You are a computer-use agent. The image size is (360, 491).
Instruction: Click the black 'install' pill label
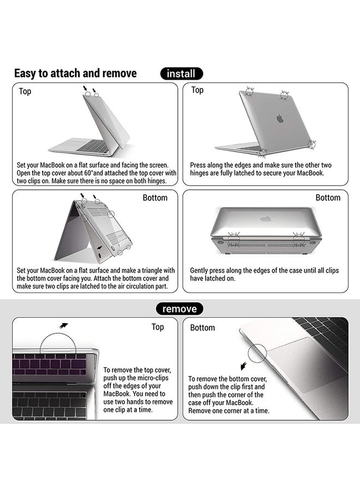tap(181, 74)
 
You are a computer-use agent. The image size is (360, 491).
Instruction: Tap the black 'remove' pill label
tap(179, 309)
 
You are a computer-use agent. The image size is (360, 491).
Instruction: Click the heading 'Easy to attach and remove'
tap(75, 74)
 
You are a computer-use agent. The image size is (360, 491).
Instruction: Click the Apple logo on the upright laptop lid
tap(280, 118)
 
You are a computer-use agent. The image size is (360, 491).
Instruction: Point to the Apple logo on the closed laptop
tap(266, 219)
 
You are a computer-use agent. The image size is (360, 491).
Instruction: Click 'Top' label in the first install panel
tap(25, 92)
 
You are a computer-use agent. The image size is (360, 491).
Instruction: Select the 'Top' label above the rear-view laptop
tap(197, 90)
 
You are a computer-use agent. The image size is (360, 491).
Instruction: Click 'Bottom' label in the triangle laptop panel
tap(155, 197)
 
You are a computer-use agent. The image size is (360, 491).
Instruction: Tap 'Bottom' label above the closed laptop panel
tap(328, 197)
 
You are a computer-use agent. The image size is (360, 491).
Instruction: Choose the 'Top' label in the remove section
tap(158, 327)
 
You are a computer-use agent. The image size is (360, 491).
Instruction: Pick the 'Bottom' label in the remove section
tap(202, 327)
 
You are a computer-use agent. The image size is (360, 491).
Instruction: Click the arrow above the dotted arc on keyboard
tap(64, 326)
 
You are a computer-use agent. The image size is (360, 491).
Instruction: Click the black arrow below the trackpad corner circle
tap(244, 366)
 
